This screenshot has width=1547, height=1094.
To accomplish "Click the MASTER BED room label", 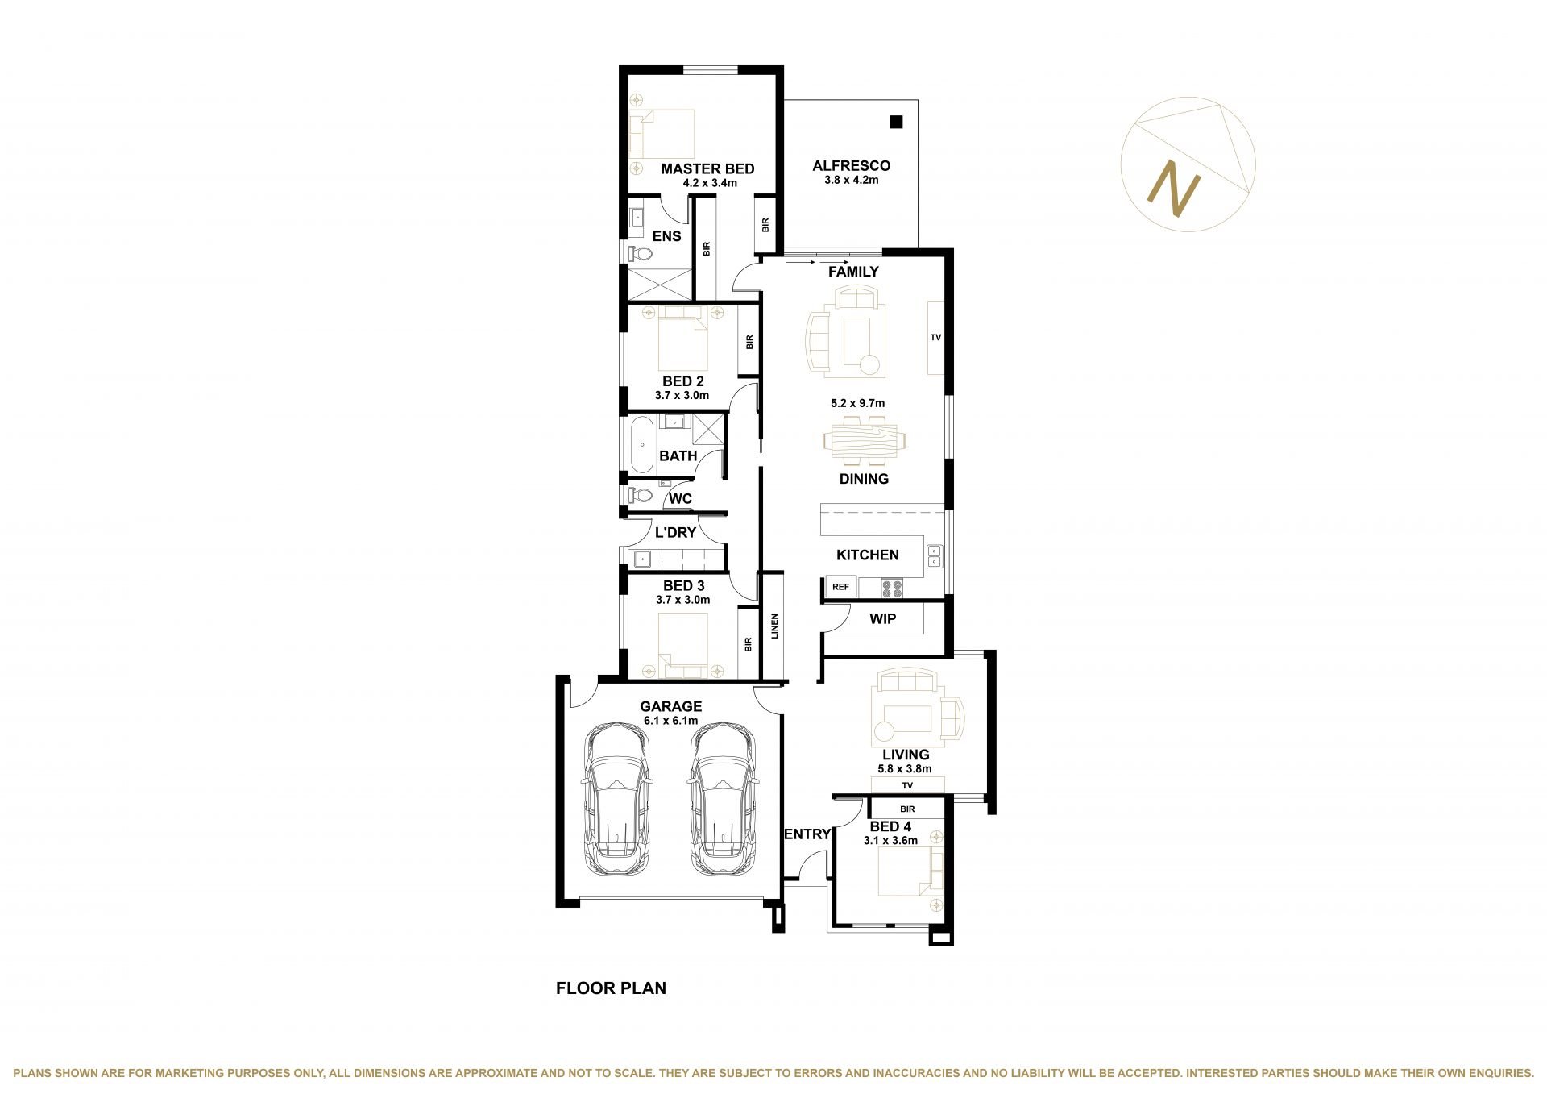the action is pyautogui.click(x=707, y=169).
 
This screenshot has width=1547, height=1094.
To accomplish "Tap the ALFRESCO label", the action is pyautogui.click(x=852, y=166).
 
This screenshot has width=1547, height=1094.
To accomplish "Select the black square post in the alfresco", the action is pyautogui.click(x=896, y=123).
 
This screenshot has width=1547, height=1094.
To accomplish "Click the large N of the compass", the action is pyautogui.click(x=1174, y=189).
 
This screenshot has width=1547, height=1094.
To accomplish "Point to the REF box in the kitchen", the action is pyautogui.click(x=840, y=587).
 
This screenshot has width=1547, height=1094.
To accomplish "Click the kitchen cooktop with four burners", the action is pyautogui.click(x=892, y=589).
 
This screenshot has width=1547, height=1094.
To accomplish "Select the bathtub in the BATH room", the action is pyautogui.click(x=642, y=444).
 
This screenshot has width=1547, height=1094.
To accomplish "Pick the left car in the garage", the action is pyautogui.click(x=617, y=798).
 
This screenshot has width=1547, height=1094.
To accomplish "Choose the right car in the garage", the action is pyautogui.click(x=724, y=798).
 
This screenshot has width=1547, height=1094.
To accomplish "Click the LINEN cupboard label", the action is pyautogui.click(x=774, y=626).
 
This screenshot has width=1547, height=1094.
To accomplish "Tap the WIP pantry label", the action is pyautogui.click(x=883, y=619).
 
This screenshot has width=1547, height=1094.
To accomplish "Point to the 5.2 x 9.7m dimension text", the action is pyautogui.click(x=858, y=403).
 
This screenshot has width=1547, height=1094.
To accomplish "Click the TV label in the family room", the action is pyautogui.click(x=935, y=338).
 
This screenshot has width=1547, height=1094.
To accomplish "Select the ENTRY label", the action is pyautogui.click(x=807, y=834).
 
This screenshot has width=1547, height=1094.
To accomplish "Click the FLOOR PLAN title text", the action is pyautogui.click(x=611, y=988).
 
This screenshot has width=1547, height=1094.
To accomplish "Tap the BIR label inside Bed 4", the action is pyautogui.click(x=907, y=809).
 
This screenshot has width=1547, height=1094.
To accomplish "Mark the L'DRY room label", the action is pyautogui.click(x=675, y=533).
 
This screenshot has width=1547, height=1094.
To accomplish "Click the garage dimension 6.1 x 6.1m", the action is pyautogui.click(x=670, y=721).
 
